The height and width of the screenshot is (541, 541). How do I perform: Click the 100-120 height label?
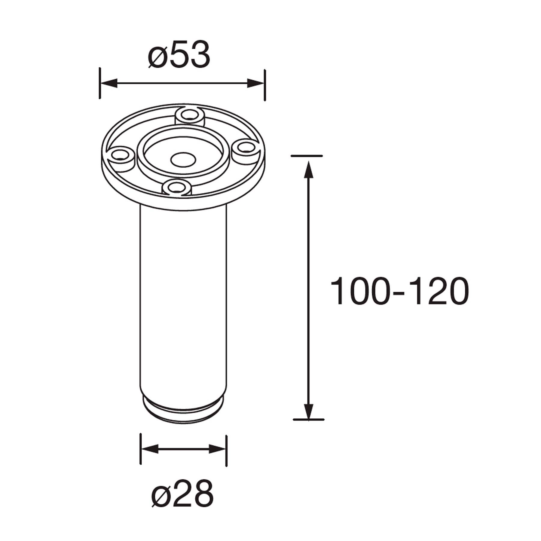[x=399, y=291]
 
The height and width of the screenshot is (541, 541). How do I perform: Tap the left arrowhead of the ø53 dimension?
[x=109, y=83]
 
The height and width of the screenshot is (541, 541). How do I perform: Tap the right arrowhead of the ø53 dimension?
[x=255, y=83]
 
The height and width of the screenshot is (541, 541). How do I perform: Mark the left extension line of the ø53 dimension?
[x=100, y=83]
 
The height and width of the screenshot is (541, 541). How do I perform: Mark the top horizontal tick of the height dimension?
[x=307, y=156]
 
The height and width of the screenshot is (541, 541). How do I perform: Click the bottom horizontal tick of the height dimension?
[x=308, y=419]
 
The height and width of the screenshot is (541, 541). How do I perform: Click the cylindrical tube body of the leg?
[x=183, y=301]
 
